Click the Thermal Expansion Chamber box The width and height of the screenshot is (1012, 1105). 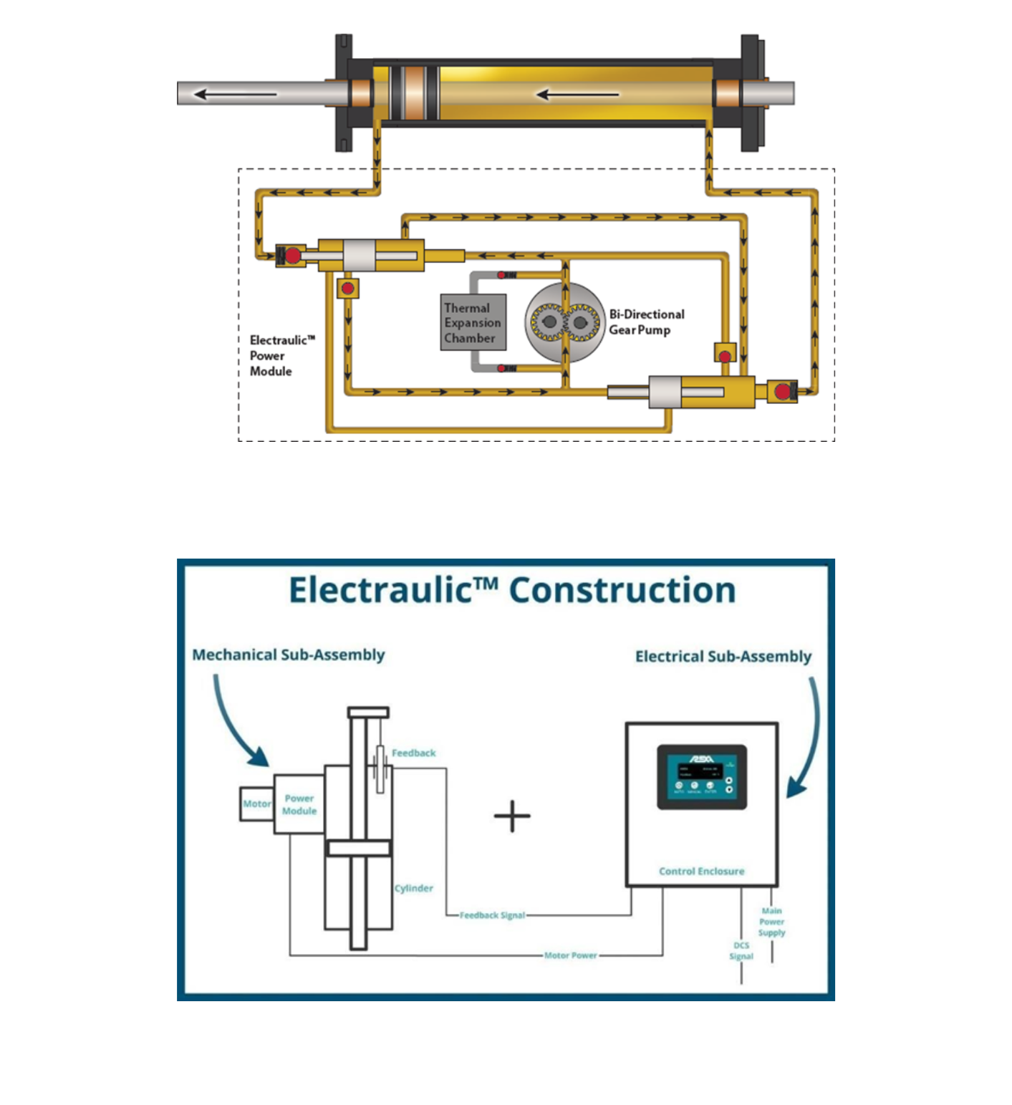(x=473, y=322)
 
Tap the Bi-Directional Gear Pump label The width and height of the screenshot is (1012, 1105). (x=646, y=322)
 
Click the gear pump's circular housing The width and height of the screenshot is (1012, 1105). (x=564, y=322)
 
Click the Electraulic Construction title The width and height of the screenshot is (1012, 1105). (x=511, y=591)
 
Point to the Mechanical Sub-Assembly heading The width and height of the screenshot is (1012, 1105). (x=288, y=655)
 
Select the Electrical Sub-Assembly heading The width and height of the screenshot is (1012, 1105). (x=723, y=656)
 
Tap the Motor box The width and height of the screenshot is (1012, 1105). (x=256, y=804)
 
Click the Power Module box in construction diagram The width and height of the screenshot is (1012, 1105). (x=299, y=804)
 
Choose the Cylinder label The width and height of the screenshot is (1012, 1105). (x=414, y=888)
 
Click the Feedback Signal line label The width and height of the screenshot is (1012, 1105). (x=492, y=915)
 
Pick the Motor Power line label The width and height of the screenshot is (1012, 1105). (x=570, y=955)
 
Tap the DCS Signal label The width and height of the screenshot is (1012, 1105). (x=741, y=950)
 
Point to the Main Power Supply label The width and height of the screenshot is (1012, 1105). (x=771, y=922)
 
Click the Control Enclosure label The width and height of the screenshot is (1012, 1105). (x=701, y=871)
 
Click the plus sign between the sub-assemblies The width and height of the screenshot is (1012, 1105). (x=512, y=816)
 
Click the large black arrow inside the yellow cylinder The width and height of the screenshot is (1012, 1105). (x=577, y=94)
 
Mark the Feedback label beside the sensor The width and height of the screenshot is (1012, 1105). (x=413, y=753)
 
